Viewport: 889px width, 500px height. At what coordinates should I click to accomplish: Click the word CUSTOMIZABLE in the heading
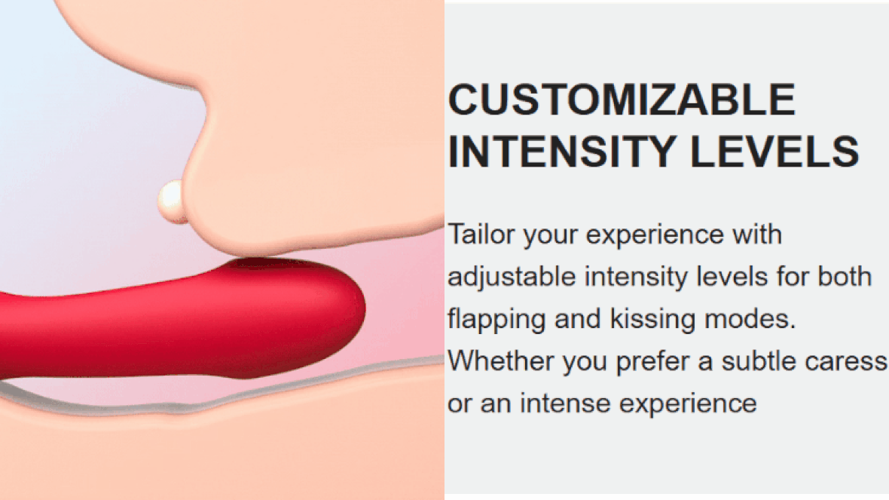point(622,100)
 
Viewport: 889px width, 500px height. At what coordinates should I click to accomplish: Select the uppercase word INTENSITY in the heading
point(562,152)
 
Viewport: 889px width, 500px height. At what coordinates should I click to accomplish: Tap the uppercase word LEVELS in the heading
point(774,152)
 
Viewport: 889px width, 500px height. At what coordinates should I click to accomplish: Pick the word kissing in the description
point(652,318)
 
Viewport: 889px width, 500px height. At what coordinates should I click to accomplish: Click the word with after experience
point(757,234)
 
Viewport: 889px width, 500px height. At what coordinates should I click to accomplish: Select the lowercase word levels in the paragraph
point(732,276)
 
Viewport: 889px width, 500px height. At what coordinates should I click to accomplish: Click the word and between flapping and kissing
point(578,318)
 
